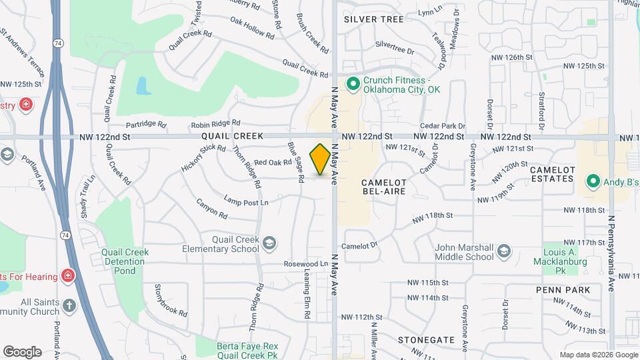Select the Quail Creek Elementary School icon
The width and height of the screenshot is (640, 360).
pos(269,243)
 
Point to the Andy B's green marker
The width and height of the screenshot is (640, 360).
pos(591,181)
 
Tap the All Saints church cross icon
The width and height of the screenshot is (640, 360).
pos(69,307)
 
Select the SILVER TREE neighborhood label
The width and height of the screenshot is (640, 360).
pos(374,19)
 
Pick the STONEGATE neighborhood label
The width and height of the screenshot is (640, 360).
pos(427,339)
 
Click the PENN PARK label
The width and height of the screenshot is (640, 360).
pos(563,290)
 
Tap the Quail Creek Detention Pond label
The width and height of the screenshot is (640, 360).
pos(124,261)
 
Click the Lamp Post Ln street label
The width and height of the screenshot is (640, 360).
pos(246,202)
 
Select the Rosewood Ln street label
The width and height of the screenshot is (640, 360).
pos(305,264)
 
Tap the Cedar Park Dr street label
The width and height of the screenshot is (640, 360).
pos(442,126)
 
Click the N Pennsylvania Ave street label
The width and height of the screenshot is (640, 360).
pos(611,253)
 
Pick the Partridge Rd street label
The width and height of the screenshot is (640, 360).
pos(145,124)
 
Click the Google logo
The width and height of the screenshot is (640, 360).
pos(22,351)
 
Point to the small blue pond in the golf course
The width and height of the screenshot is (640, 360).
pos(141,86)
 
